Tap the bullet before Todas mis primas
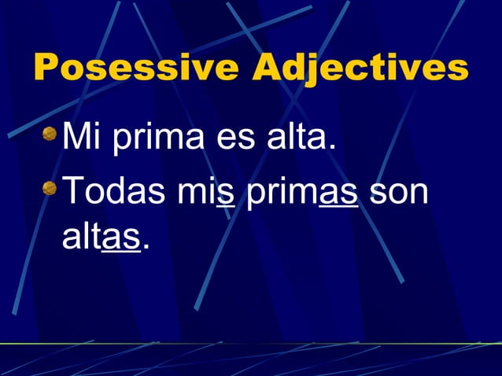click(50, 189)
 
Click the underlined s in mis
click(227, 195)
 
